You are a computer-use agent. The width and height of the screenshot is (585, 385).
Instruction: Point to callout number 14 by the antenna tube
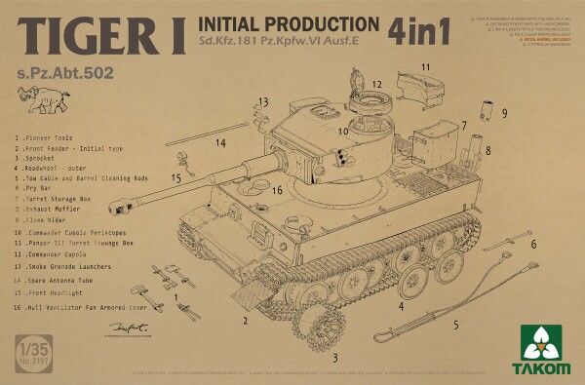click(x=221, y=142)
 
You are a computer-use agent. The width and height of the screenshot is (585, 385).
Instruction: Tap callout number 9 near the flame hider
click(x=504, y=113)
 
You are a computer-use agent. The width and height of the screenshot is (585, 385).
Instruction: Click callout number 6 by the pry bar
click(x=533, y=243)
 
